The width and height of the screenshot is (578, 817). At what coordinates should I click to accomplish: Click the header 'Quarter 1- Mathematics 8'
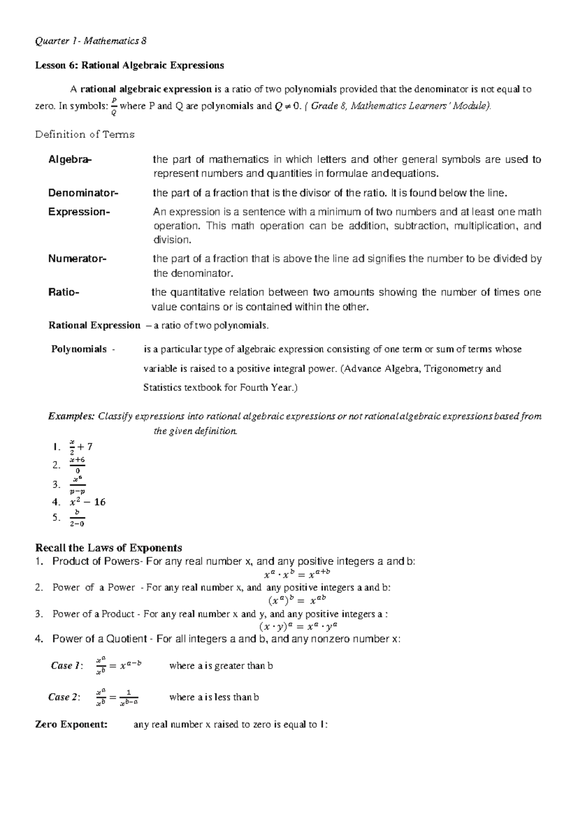[x=91, y=41]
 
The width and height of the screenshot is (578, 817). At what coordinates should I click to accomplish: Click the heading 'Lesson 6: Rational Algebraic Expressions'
[x=130, y=65]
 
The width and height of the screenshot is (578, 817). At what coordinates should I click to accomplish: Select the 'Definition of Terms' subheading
[x=85, y=134]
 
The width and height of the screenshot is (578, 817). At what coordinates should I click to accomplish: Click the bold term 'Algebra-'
[x=69, y=159]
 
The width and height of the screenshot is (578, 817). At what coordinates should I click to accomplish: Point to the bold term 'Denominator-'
[x=82, y=193]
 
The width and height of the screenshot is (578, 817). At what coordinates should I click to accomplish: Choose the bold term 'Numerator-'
[x=77, y=259]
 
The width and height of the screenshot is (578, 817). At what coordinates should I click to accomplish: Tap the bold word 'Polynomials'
[x=79, y=349]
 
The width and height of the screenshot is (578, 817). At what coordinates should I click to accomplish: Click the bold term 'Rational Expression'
[x=94, y=326]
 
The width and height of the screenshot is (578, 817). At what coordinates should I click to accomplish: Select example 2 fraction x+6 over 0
[x=77, y=465]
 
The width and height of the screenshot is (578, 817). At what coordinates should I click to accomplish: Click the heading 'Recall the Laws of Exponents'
[x=109, y=548]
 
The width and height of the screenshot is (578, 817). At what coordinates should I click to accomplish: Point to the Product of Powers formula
[x=297, y=574]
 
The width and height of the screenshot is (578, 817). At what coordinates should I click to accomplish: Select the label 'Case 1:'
[x=66, y=666]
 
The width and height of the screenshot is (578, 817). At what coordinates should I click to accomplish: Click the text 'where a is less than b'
[x=214, y=697]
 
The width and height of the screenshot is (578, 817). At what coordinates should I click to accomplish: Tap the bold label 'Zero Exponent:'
[x=72, y=725]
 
